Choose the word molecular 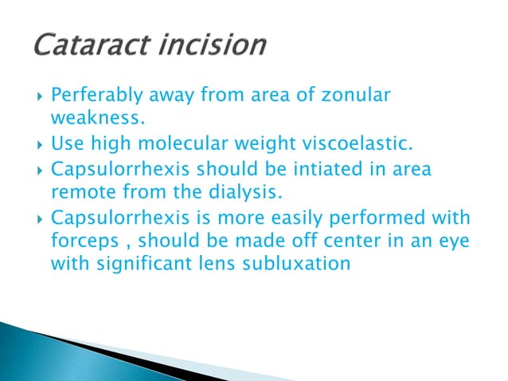click(214, 146)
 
